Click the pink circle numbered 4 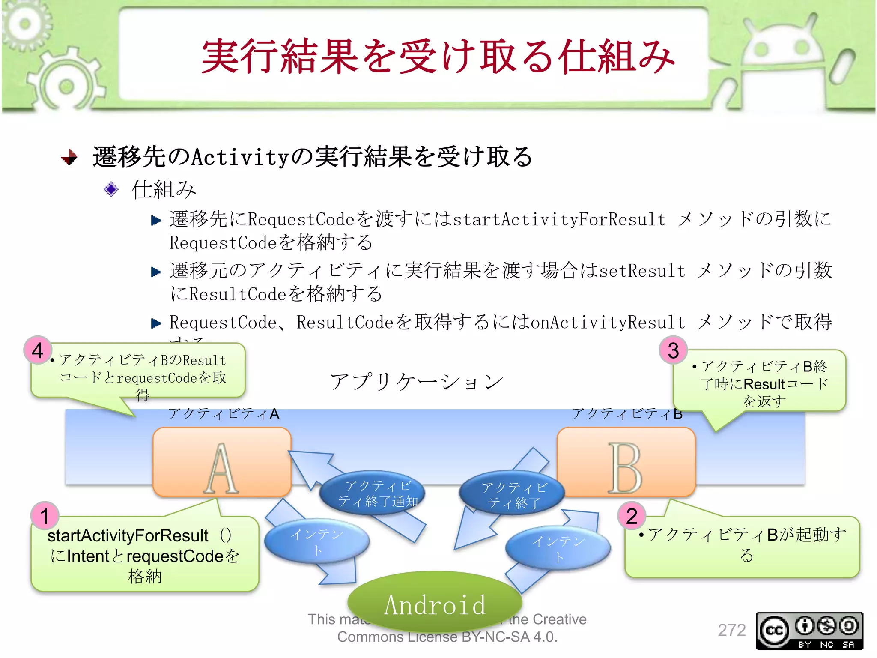(x=38, y=350)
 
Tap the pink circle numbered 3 (x=673, y=350)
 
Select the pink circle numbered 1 (x=45, y=515)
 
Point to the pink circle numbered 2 (x=632, y=515)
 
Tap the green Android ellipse (x=435, y=602)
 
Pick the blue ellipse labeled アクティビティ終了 (x=512, y=494)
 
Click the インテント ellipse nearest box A (x=317, y=541)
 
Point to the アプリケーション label (x=416, y=381)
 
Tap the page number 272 (x=732, y=630)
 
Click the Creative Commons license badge (x=809, y=631)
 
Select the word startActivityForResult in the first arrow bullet (x=559, y=219)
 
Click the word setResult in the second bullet (x=642, y=271)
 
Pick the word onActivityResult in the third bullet (x=608, y=322)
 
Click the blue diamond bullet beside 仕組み (x=111, y=189)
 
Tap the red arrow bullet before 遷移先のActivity (x=69, y=157)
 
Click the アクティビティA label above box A (x=224, y=414)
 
